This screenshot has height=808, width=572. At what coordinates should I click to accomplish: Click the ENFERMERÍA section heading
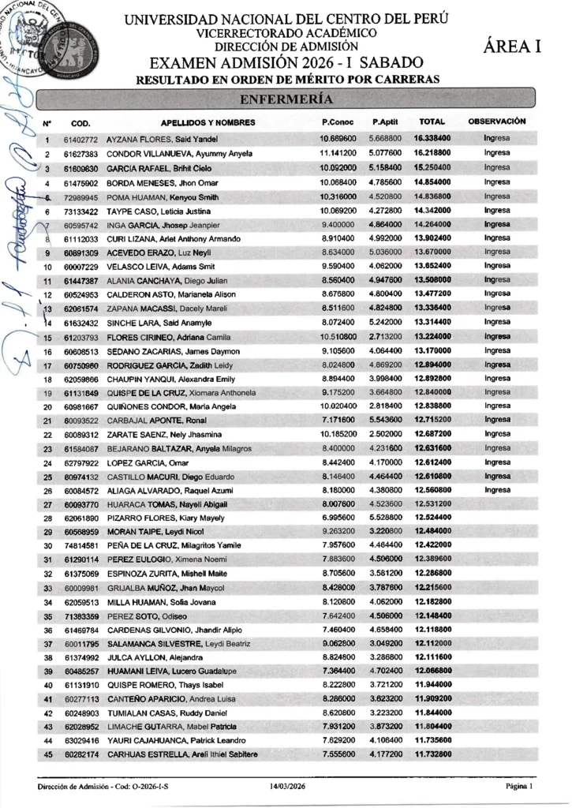point(286,99)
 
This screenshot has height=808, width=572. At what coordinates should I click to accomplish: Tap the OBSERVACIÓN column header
point(497,122)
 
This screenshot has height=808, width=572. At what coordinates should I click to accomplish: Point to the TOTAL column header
point(432,122)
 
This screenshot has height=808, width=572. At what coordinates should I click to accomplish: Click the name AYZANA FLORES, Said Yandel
point(163,139)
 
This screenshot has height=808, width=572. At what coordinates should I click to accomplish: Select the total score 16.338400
point(432,138)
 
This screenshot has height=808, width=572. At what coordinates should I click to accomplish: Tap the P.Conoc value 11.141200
point(338,152)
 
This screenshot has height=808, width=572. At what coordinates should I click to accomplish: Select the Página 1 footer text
point(519,787)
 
